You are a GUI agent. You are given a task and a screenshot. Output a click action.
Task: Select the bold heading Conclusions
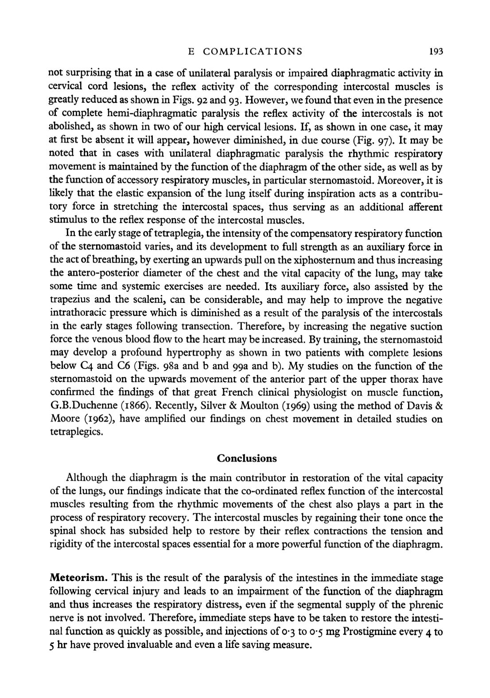tap(247, 458)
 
